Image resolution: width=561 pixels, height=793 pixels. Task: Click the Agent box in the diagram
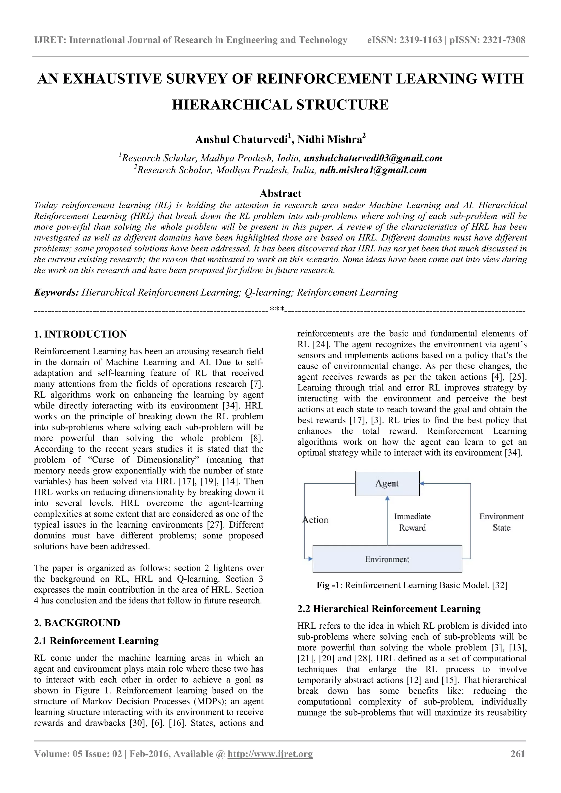tap(387, 483)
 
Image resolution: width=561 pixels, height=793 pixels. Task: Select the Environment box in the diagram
tap(387, 559)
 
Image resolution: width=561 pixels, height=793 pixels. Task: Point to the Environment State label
tap(501, 522)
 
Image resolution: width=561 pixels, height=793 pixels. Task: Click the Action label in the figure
tap(315, 520)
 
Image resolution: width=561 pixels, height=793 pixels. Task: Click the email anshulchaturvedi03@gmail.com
tap(373, 158)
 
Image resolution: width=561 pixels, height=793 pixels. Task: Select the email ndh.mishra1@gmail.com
tap(373, 170)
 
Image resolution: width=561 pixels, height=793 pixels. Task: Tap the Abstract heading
tap(280, 193)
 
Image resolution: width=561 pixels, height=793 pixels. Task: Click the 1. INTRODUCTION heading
tap(81, 334)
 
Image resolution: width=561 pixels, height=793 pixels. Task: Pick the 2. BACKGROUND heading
tap(77, 623)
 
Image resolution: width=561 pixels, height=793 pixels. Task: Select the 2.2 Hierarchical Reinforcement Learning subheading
tap(389, 608)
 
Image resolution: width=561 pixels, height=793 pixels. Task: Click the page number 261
tap(517, 754)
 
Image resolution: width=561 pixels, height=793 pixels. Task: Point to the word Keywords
tap(56, 292)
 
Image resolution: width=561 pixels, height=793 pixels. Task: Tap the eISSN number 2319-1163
tap(420, 40)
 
